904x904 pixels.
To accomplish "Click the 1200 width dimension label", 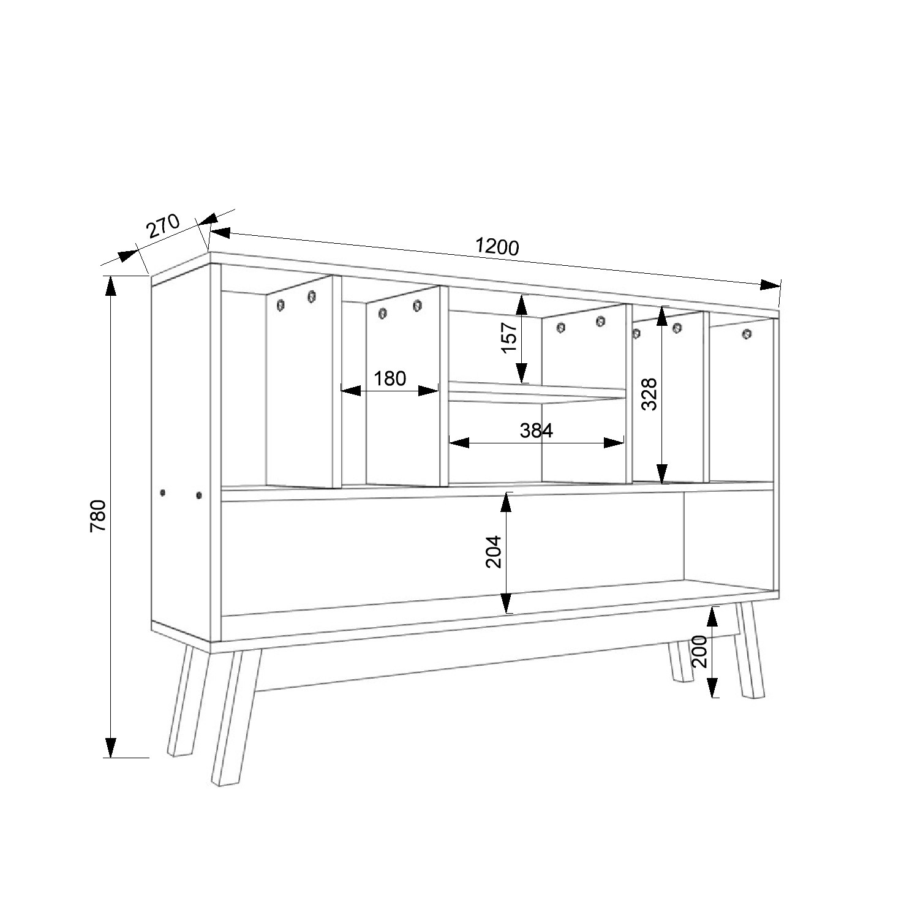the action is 497,246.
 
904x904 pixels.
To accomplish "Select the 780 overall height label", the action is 99,516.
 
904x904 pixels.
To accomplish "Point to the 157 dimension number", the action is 510,337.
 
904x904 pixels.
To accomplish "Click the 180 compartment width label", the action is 390,379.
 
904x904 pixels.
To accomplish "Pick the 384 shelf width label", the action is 536,431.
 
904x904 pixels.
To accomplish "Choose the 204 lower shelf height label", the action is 494,552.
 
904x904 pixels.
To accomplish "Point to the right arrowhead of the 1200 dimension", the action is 770,285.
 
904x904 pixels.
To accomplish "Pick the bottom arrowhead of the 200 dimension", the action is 713,687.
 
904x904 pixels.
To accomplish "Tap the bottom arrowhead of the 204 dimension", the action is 506,603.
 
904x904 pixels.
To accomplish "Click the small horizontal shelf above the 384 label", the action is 537,392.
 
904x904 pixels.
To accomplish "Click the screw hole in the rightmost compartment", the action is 746,334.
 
